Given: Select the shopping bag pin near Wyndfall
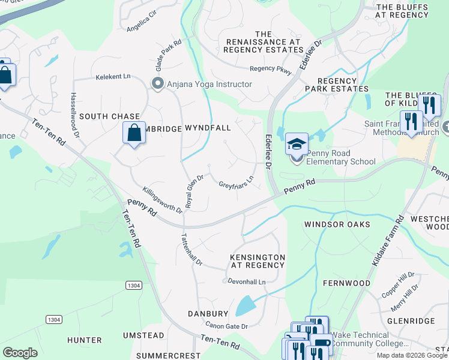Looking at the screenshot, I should [x=134, y=133].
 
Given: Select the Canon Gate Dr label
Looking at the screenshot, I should [x=227, y=326].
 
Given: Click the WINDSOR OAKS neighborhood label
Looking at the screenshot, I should [x=335, y=224].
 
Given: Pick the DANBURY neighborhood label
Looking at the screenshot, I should [x=208, y=314].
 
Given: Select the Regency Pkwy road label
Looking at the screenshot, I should [x=271, y=70].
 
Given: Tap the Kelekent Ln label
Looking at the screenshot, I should [x=113, y=77].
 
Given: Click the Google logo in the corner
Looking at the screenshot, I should [x=20, y=352].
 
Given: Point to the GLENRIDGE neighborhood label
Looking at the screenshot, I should [x=411, y=321].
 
